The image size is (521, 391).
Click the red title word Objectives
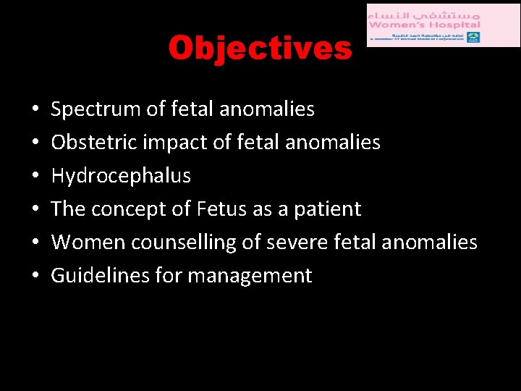point(260,49)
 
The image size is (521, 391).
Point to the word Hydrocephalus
point(121,176)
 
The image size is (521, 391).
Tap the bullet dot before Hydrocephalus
point(36,176)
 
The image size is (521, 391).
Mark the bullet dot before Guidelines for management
point(36,276)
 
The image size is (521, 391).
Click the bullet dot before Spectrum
point(36,109)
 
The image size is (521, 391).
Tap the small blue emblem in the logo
point(473,37)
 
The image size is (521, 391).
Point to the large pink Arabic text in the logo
point(424,12)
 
